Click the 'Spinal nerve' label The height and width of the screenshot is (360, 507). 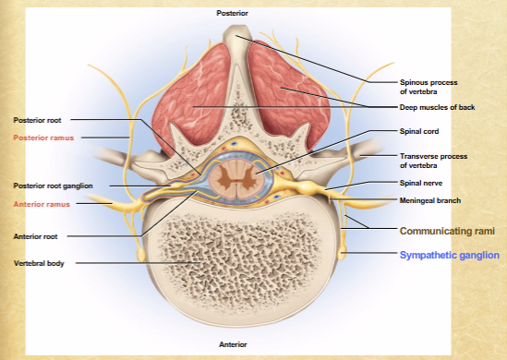[418, 184]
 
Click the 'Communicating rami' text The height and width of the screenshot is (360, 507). [448, 229]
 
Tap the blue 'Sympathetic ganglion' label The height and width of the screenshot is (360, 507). [448, 254]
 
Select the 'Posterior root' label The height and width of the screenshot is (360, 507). [38, 119]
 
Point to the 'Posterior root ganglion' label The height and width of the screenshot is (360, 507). [54, 186]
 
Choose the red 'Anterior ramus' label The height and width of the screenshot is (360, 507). [42, 203]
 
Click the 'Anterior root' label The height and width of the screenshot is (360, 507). [37, 235]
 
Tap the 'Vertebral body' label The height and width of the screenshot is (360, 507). [39, 263]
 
